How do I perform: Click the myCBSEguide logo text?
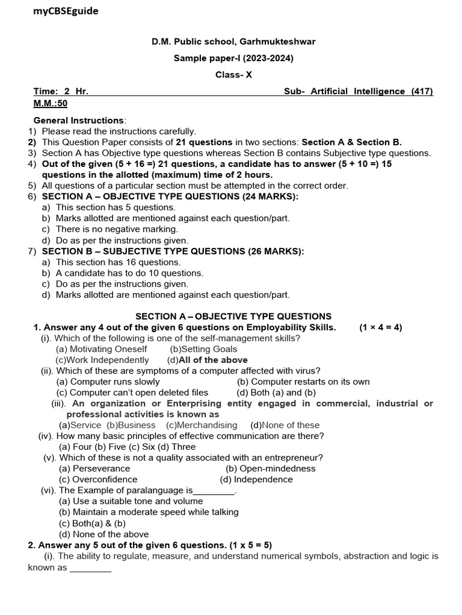(x=66, y=11)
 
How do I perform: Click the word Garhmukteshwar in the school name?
(x=277, y=41)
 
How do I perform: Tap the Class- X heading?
(x=234, y=74)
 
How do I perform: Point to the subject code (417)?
(x=422, y=91)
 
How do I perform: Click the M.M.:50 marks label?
(x=50, y=103)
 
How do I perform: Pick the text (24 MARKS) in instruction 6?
(x=270, y=196)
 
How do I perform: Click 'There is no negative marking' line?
(x=117, y=229)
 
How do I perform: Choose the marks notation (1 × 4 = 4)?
(x=381, y=327)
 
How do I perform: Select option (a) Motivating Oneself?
(x=101, y=349)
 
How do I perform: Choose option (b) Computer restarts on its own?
(x=303, y=381)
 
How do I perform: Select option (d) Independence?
(x=256, y=479)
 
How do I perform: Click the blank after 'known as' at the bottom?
(x=90, y=568)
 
